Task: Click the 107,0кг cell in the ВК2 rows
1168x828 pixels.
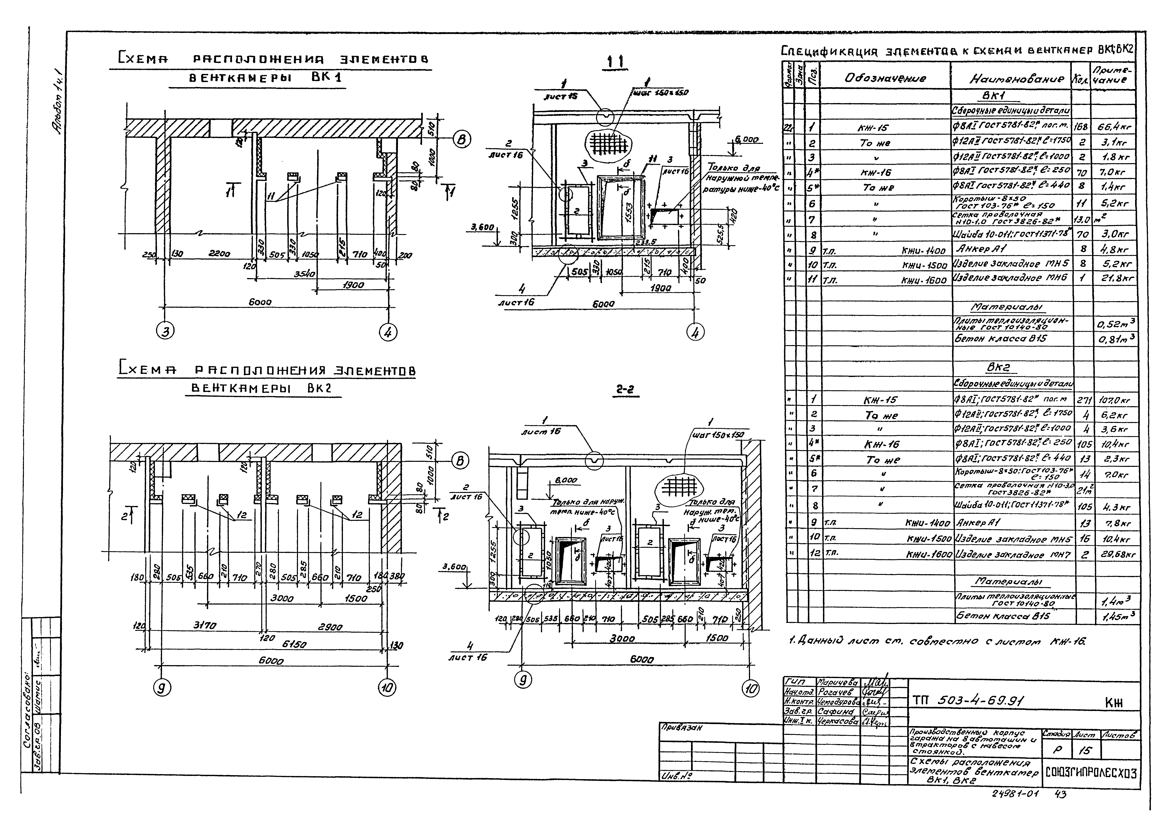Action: pos(1114,400)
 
